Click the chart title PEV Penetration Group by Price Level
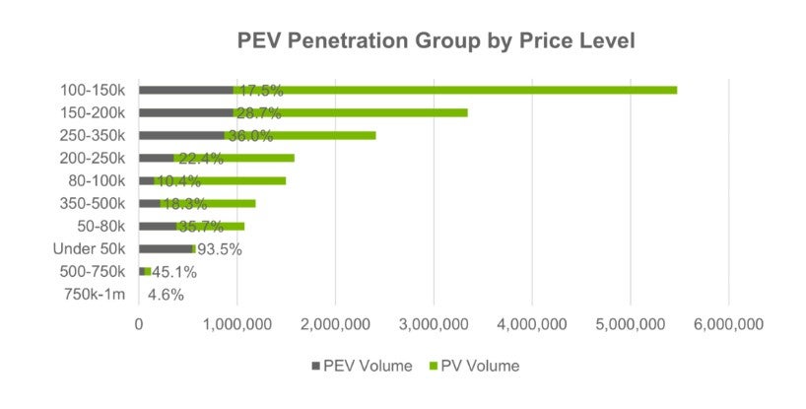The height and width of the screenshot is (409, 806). coord(436,41)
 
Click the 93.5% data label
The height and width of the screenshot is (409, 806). coord(220,249)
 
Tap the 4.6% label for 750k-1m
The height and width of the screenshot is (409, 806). coord(166,295)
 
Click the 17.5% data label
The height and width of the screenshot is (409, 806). coord(262,90)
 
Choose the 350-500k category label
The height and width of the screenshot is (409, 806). coord(94,203)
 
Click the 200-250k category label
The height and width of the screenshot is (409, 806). coord(94,158)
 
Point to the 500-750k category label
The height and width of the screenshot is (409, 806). coord(94,271)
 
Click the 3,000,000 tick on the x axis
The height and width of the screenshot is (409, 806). coord(434,324)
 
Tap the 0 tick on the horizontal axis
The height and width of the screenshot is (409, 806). coord(139,324)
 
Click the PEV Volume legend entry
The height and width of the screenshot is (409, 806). coord(362,367)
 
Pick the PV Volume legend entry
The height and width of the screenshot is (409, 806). coord(475,367)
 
